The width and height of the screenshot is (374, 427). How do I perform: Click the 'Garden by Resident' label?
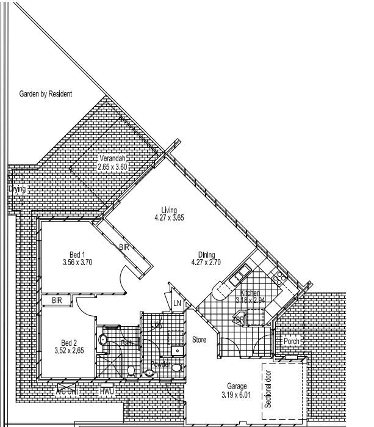click(x=46, y=94)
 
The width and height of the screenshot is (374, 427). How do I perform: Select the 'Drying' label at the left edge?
click(x=17, y=189)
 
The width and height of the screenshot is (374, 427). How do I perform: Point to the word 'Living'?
click(x=169, y=211)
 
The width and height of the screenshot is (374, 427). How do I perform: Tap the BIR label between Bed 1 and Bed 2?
click(x=57, y=301)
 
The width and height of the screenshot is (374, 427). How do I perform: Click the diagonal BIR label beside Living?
click(x=124, y=247)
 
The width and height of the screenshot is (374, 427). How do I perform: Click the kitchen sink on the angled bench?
click(x=239, y=276)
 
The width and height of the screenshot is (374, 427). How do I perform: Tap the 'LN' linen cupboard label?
click(x=177, y=304)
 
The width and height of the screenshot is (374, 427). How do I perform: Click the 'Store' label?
click(x=200, y=339)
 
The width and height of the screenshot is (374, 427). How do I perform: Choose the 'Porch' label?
click(x=292, y=341)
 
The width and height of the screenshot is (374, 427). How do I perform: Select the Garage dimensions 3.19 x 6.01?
click(x=236, y=395)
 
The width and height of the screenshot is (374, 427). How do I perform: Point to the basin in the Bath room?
click(x=103, y=339)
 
